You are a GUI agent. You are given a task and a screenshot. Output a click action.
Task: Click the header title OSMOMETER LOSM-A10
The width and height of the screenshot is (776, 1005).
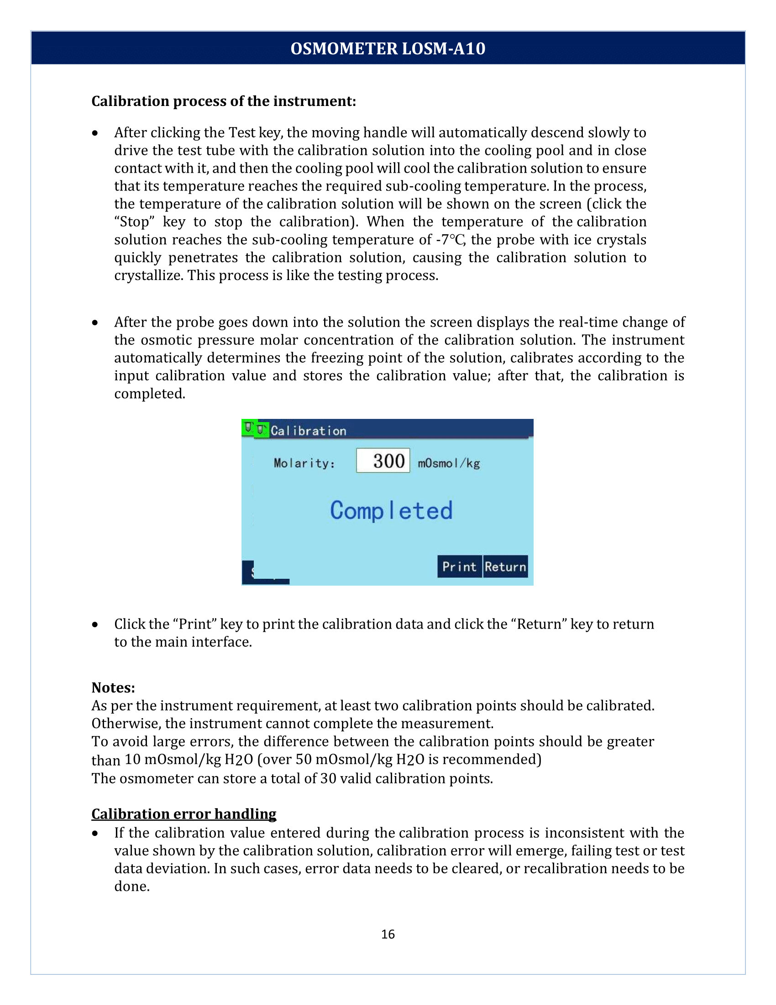tap(388, 48)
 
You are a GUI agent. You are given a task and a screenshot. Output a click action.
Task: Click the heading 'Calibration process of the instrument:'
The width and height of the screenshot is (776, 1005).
tap(223, 101)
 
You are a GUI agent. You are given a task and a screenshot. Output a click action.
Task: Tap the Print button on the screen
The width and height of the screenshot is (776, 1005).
tap(459, 566)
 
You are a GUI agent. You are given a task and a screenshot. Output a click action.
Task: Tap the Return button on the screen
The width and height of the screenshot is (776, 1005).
tap(505, 566)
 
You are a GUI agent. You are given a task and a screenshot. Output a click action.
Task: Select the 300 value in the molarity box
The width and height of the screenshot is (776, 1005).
tap(388, 460)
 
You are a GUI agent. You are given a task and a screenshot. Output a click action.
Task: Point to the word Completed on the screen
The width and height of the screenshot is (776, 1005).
tap(391, 511)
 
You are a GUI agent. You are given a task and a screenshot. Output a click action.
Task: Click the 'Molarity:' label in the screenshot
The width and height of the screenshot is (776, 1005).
tap(304, 463)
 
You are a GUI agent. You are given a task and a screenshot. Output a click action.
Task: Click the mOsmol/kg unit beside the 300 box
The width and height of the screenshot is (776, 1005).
tap(449, 463)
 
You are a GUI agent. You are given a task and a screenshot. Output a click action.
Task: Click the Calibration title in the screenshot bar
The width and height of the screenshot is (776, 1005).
tap(308, 431)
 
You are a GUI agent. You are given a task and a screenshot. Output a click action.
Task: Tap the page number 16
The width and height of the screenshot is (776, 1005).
tap(388, 934)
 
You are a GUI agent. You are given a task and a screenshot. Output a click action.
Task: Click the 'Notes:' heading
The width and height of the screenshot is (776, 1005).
tap(113, 688)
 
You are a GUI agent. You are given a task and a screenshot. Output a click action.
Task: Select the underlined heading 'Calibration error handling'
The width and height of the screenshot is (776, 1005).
tap(184, 814)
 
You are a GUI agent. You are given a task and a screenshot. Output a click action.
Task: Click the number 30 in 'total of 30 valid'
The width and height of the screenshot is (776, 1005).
tap(328, 778)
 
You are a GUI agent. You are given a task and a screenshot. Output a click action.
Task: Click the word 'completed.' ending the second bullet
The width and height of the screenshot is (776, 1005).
tap(149, 394)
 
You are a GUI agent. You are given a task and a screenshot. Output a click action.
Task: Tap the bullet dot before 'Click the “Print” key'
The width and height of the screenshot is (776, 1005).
tap(95, 624)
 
